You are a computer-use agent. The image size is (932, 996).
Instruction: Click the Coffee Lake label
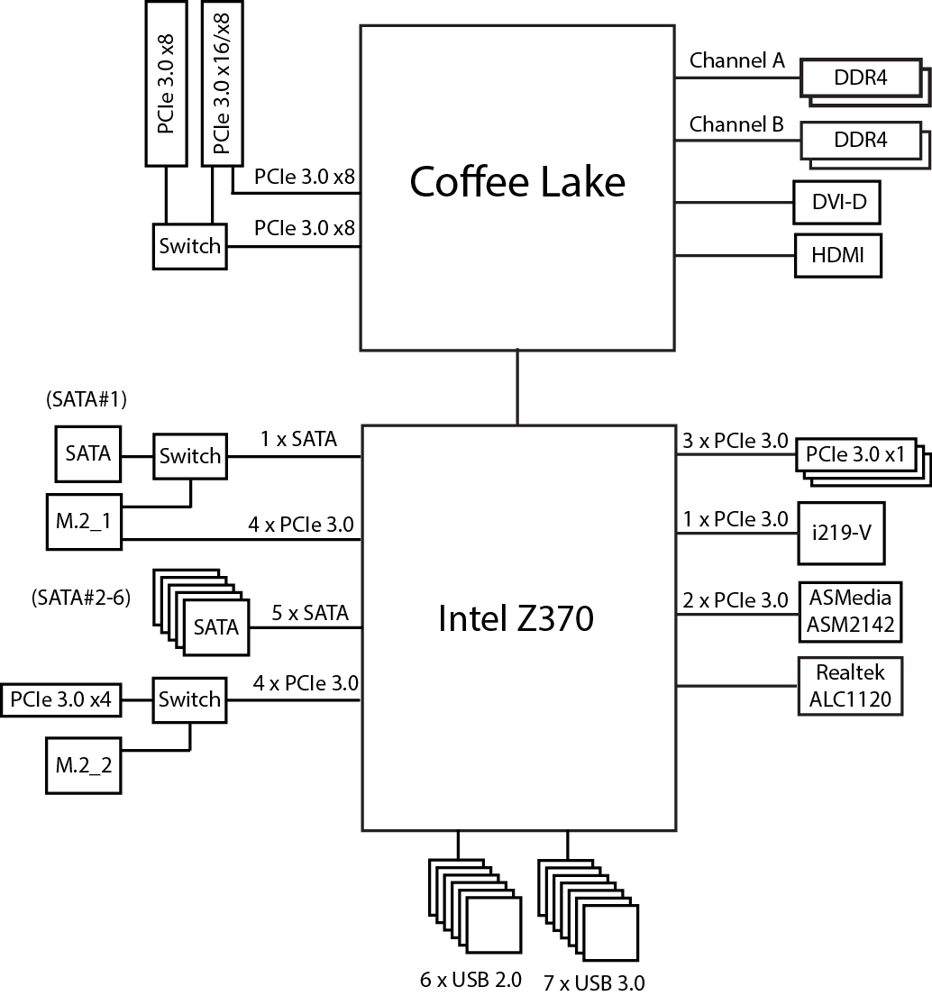coord(516,182)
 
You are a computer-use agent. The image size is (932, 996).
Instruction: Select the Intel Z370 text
coord(516,619)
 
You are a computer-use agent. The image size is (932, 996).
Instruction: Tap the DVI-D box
coord(837,203)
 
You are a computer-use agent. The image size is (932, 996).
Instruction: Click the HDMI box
coord(837,255)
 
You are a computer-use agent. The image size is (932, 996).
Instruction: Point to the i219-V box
coord(841,532)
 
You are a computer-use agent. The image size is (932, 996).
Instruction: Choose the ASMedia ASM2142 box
coord(851,611)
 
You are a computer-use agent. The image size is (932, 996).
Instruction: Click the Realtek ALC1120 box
coord(850,686)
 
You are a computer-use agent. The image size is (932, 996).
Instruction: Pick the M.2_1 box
coord(83,519)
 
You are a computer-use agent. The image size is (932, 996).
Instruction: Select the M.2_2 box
coord(83,766)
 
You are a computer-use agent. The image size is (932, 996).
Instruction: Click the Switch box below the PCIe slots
coord(189,246)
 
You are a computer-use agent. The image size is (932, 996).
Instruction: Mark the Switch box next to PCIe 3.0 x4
coord(189,699)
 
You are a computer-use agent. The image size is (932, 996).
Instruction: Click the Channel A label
coord(736,61)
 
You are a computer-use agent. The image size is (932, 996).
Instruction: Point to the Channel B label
coord(736,124)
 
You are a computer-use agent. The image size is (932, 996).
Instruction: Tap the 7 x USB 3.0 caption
coord(594,982)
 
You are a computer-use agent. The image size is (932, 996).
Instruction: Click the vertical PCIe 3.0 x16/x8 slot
coord(222,83)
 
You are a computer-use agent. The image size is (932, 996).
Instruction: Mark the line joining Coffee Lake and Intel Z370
coord(517,387)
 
